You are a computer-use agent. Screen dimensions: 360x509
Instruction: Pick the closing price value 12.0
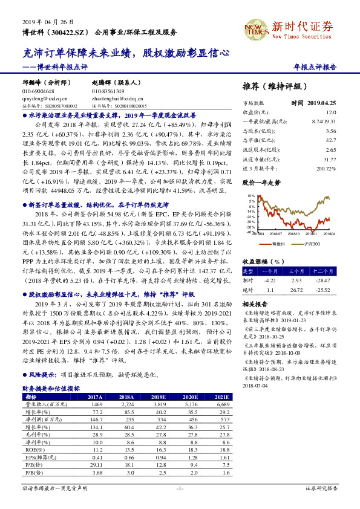pyautogui.click(x=330, y=112)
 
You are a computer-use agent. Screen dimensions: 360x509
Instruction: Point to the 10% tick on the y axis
pyautogui.click(x=251, y=196)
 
